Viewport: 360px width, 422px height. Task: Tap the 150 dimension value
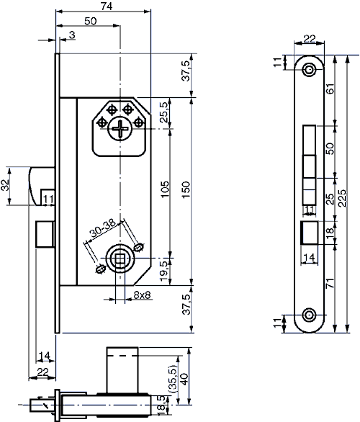click(186, 189)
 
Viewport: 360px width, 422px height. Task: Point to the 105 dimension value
click(164, 189)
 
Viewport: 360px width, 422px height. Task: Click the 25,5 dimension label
click(164, 112)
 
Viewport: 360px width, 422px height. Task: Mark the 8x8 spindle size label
click(142, 295)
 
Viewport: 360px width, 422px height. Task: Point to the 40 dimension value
click(184, 380)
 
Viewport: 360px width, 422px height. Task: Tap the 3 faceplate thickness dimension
click(73, 35)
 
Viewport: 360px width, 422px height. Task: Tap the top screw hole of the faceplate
click(310, 69)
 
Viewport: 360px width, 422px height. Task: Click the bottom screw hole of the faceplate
click(310, 315)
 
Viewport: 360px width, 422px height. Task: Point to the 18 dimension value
click(330, 232)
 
